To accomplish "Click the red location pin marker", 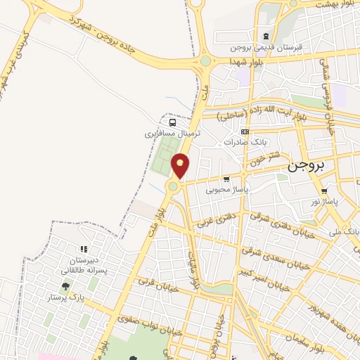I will tap(181, 165).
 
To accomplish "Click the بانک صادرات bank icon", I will tap(245, 131).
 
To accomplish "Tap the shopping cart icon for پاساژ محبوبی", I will tap(226, 179).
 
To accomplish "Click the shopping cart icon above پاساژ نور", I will tap(323, 191).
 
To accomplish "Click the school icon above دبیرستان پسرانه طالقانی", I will tap(83, 249).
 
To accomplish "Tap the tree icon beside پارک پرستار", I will tap(65, 286).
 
